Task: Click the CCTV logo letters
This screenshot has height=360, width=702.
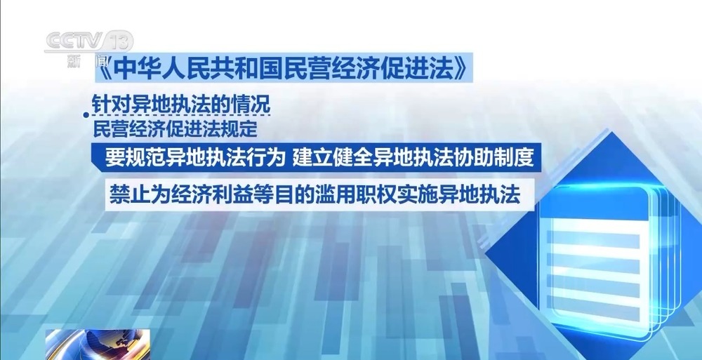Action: pos(74,41)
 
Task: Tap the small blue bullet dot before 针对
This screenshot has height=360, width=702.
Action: pos(86,116)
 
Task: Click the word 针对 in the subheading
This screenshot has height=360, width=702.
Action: pos(111,105)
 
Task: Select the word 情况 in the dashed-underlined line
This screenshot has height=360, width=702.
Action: pos(252,105)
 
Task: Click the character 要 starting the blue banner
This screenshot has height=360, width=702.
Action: pos(114,157)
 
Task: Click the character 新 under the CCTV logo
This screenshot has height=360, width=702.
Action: pos(74,60)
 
